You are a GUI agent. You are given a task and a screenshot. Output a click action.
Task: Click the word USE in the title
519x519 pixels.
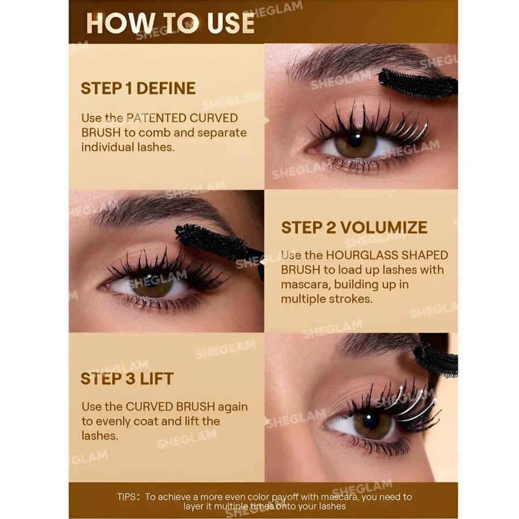click(x=231, y=23)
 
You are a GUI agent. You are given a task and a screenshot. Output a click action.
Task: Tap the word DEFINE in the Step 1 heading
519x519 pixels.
click(x=166, y=88)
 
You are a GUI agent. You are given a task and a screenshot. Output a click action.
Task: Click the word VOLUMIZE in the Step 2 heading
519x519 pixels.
click(x=383, y=227)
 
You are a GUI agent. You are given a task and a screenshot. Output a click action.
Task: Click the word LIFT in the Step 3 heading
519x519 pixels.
click(x=156, y=379)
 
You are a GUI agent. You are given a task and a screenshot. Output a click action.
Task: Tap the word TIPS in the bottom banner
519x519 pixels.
click(x=126, y=497)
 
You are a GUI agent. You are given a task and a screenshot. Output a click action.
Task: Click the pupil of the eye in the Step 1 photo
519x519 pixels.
click(x=355, y=139)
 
